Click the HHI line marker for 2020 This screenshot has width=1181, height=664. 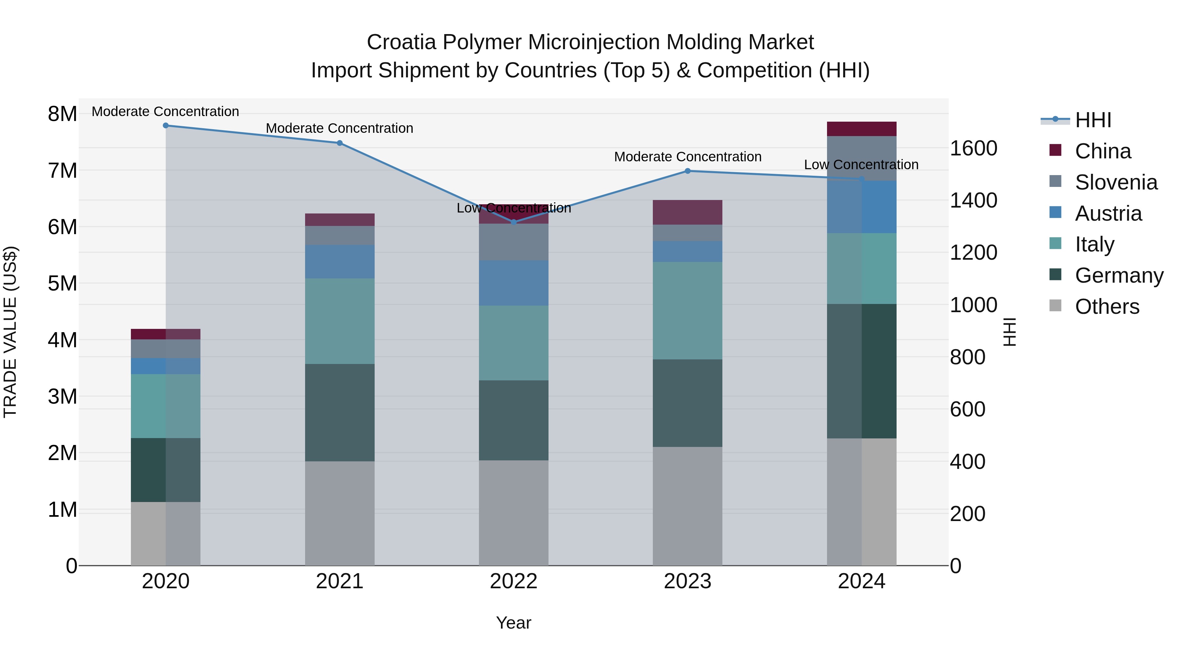(x=166, y=126)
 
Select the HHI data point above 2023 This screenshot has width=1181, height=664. (x=687, y=171)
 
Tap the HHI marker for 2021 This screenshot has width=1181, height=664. (x=340, y=143)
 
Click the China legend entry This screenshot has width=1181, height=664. (x=1103, y=151)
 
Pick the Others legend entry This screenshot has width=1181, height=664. (x=1107, y=307)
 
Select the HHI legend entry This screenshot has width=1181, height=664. (x=1093, y=120)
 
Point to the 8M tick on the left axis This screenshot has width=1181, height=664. (x=62, y=114)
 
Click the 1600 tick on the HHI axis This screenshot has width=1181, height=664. (x=973, y=149)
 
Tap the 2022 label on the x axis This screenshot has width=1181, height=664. (x=513, y=581)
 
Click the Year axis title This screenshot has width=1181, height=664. (x=513, y=623)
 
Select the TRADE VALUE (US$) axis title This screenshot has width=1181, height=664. (x=10, y=332)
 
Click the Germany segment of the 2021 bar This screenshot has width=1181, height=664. (x=340, y=412)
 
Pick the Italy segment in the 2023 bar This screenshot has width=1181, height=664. (x=687, y=311)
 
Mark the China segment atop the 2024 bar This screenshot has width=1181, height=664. (x=861, y=129)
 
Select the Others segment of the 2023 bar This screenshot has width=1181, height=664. (x=687, y=506)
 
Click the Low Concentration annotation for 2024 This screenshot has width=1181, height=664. (x=861, y=165)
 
